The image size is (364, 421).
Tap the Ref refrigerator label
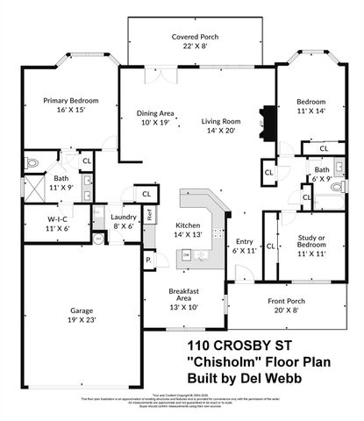point(150,214)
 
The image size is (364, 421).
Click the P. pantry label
point(148,260)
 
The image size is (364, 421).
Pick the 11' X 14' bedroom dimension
point(310,111)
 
